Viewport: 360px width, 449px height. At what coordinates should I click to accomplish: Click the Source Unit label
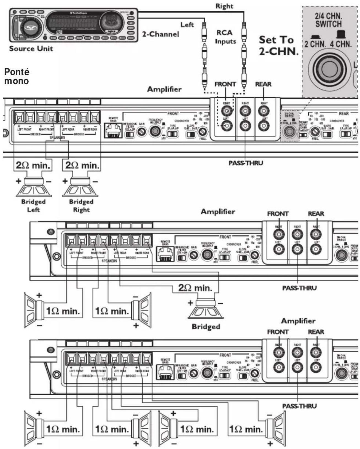[31, 49]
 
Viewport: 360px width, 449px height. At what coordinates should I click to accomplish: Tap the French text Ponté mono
[17, 76]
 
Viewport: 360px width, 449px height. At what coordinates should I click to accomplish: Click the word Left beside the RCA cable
[187, 25]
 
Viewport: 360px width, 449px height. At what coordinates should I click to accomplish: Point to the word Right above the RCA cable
[224, 6]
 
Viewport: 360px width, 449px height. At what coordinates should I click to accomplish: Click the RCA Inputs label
[225, 37]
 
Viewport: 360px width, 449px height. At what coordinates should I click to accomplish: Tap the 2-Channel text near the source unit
[160, 34]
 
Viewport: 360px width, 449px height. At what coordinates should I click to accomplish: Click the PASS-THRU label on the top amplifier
[246, 163]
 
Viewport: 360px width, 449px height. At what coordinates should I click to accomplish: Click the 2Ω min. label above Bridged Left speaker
[33, 165]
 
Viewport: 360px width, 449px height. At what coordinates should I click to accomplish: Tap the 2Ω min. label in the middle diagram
[195, 288]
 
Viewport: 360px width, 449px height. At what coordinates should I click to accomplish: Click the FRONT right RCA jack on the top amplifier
[226, 111]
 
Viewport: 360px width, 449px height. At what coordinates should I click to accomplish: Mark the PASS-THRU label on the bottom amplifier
[299, 406]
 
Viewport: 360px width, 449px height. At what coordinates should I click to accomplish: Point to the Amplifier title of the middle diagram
[218, 212]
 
